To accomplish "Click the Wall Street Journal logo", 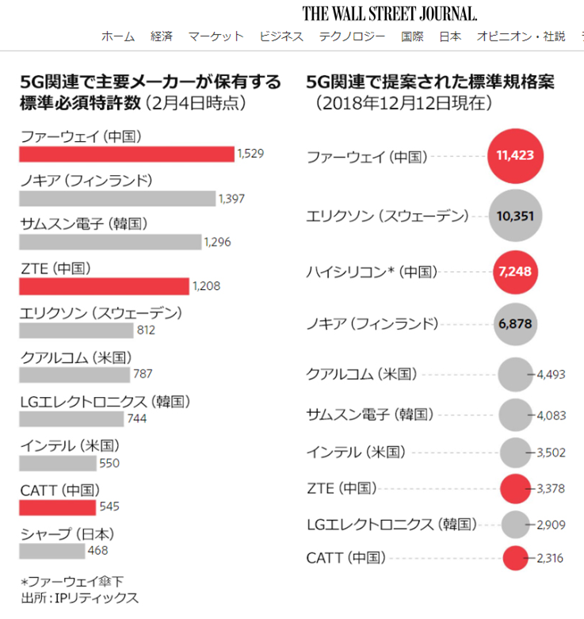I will [x=389, y=13].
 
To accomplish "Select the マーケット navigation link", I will [x=216, y=36].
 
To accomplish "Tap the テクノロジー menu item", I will [x=352, y=36].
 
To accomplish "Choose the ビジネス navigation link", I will [x=281, y=36].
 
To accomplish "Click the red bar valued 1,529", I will [x=127, y=154].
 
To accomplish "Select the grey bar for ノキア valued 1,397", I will [x=117, y=197].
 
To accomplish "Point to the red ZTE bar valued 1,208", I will [x=105, y=285].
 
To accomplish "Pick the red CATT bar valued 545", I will [x=58, y=505].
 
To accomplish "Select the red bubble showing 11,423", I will [x=515, y=155].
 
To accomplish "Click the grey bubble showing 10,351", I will [x=515, y=215].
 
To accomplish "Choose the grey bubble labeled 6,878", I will [x=515, y=323].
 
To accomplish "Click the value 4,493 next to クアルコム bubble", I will [x=551, y=374].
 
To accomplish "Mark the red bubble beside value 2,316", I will [x=515, y=558].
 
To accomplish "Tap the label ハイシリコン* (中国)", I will [x=372, y=272].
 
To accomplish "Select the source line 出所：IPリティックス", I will [x=78, y=598].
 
